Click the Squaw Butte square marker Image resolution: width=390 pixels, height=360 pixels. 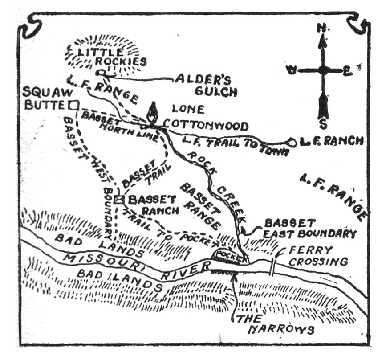74,105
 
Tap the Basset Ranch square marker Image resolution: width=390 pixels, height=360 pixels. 118,199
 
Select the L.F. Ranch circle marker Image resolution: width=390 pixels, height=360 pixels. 292,142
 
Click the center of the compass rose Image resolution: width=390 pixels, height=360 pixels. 323,70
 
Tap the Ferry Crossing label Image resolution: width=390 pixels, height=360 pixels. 317,256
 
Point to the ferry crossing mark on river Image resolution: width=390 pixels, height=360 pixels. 272,266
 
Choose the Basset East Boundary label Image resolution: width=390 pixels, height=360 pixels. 310,228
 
